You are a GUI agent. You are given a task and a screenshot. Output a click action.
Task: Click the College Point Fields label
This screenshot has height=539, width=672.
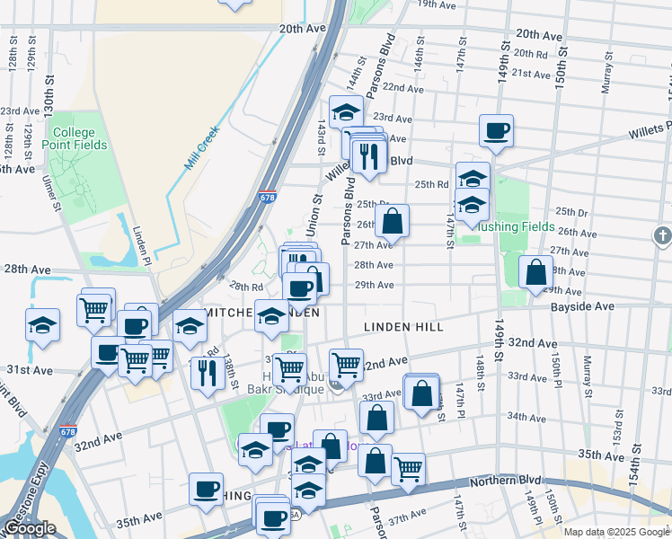pyautogui.click(x=79, y=138)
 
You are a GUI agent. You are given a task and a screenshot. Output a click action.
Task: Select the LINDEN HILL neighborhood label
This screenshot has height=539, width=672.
pyautogui.click(x=403, y=327)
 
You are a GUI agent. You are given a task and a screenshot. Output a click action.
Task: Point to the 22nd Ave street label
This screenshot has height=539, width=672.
pyautogui.click(x=402, y=88)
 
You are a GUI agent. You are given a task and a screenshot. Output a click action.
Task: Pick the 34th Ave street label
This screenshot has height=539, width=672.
pyautogui.click(x=526, y=416)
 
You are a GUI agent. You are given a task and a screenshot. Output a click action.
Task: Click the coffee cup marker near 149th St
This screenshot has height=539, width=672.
pyautogui.click(x=496, y=130)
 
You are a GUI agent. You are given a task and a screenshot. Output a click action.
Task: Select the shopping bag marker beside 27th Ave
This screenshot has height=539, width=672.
pyautogui.click(x=393, y=220)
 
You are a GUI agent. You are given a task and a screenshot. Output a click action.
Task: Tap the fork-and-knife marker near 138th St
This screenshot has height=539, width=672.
pyautogui.click(x=208, y=371)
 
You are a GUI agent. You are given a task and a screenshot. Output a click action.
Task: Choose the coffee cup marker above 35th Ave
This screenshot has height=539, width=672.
pyautogui.click(x=206, y=490)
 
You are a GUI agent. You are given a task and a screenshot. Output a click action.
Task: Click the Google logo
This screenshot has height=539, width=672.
pyautogui.click(x=29, y=529)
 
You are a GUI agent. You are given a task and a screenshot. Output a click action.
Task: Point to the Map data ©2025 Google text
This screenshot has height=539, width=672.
pyautogui.click(x=616, y=532)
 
